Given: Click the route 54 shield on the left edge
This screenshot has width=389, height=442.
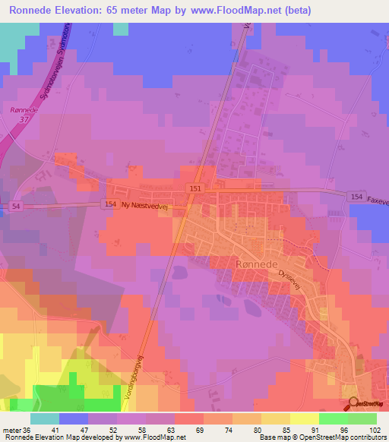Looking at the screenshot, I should point(17,206).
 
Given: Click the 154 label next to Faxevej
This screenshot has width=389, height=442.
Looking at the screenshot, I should point(356,197).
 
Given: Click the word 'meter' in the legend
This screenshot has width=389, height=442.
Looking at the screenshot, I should point(12,430).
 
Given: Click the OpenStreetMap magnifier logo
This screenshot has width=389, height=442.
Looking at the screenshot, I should point(352,404).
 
